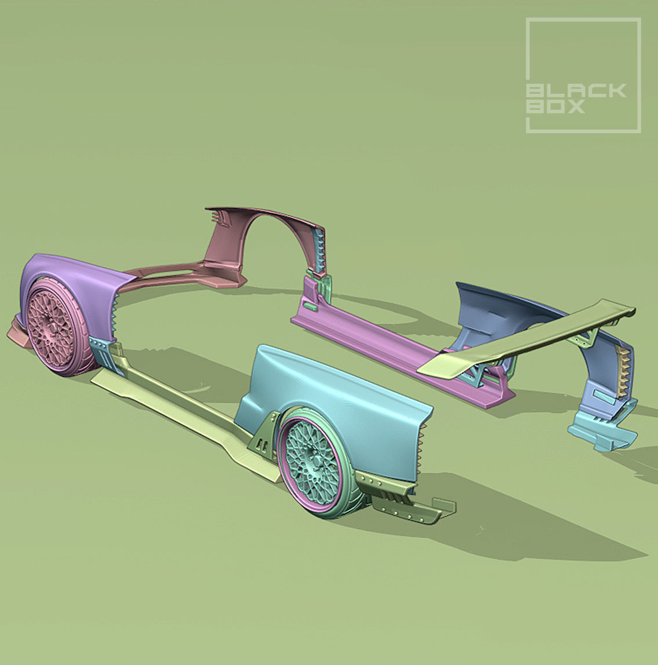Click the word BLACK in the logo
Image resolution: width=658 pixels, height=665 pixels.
[576, 91]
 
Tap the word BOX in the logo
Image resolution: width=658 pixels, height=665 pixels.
[555, 107]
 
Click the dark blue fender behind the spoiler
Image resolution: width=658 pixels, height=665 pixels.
[499, 307]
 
